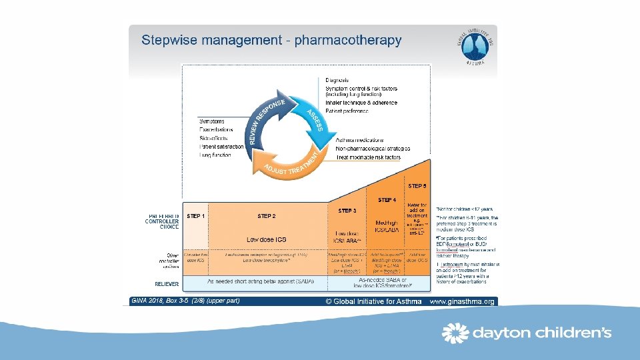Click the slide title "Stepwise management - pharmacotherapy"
pos(271,41)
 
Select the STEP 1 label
pos(196,216)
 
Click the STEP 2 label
pos(267,216)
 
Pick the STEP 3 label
pos(347,211)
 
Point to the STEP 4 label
pos(387,200)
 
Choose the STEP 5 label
pos(417,186)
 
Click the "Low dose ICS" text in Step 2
pos(267,239)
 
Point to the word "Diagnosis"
pos(337,81)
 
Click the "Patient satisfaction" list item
pos(221,147)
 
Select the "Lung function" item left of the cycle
pos(215,155)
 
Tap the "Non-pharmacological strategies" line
pos(373,149)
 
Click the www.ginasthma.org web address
pos(462,301)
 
